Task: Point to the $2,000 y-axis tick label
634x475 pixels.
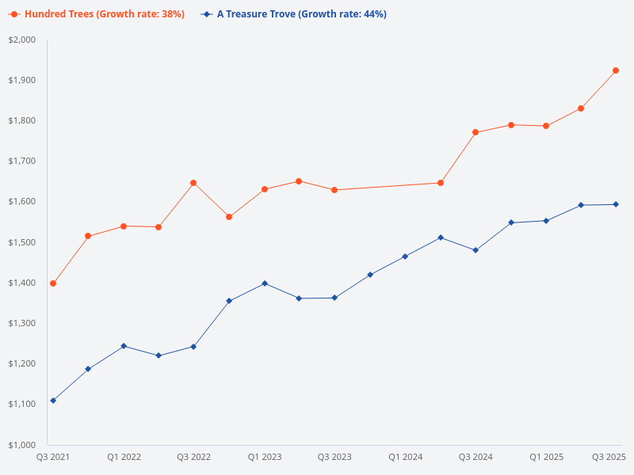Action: point(23,40)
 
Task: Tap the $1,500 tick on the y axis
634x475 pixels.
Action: point(23,242)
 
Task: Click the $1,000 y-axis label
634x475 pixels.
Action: point(23,445)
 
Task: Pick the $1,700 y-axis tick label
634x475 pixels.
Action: point(23,161)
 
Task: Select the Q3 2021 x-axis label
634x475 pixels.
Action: point(53,457)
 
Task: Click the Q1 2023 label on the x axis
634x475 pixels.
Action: point(264,457)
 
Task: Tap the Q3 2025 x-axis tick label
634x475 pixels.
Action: point(609,457)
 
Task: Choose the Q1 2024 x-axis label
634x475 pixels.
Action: point(405,457)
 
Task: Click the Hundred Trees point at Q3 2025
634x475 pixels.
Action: point(616,70)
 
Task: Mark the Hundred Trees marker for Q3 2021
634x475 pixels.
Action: point(53,283)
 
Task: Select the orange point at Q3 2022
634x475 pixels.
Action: point(193,183)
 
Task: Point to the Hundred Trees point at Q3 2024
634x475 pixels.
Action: point(475,132)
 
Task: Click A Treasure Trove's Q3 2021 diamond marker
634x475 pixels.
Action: point(53,401)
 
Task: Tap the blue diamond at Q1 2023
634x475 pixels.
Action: point(265,283)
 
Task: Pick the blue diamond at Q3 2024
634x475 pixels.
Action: point(475,250)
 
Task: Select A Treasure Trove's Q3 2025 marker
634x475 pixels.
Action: point(616,204)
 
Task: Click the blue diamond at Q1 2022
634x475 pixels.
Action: point(124,346)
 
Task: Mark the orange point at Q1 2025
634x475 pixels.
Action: point(546,126)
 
